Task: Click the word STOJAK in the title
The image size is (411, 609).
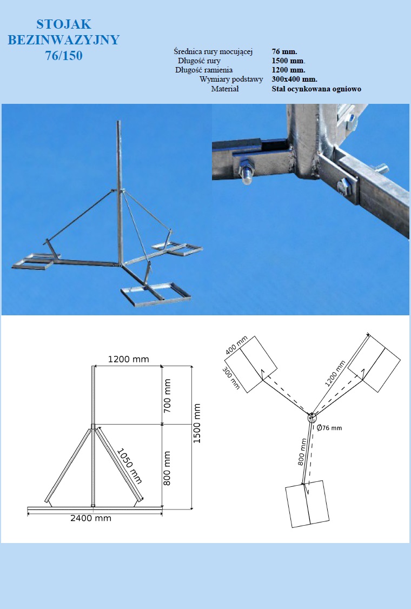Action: pyautogui.click(x=64, y=24)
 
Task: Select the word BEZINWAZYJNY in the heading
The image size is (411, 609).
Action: pyautogui.click(x=64, y=39)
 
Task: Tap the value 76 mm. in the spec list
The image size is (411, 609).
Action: pyautogui.click(x=284, y=51)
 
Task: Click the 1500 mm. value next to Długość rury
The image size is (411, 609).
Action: pyautogui.click(x=288, y=61)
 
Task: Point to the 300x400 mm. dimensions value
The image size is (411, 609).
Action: pyautogui.click(x=294, y=79)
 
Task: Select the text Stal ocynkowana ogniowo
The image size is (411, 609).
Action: pyautogui.click(x=316, y=89)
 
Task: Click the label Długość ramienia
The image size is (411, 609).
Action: pyautogui.click(x=204, y=70)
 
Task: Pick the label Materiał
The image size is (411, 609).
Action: pyautogui.click(x=225, y=89)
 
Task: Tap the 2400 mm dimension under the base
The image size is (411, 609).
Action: pyautogui.click(x=91, y=518)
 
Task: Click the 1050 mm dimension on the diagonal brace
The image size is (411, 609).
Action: pyautogui.click(x=129, y=466)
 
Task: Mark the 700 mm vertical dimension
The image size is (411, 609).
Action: pyautogui.click(x=167, y=396)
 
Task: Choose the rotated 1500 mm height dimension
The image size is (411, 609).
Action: pyautogui.click(x=197, y=423)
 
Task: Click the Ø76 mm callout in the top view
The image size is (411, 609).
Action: pyautogui.click(x=329, y=428)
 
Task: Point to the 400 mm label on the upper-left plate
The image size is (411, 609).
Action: pyautogui.click(x=236, y=346)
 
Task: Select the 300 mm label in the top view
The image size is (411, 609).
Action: pyautogui.click(x=231, y=379)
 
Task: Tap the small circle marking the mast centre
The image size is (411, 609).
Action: pyautogui.click(x=312, y=418)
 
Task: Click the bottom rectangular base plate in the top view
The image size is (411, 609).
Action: pyautogui.click(x=307, y=504)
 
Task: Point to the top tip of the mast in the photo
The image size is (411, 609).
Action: pyautogui.click(x=119, y=122)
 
